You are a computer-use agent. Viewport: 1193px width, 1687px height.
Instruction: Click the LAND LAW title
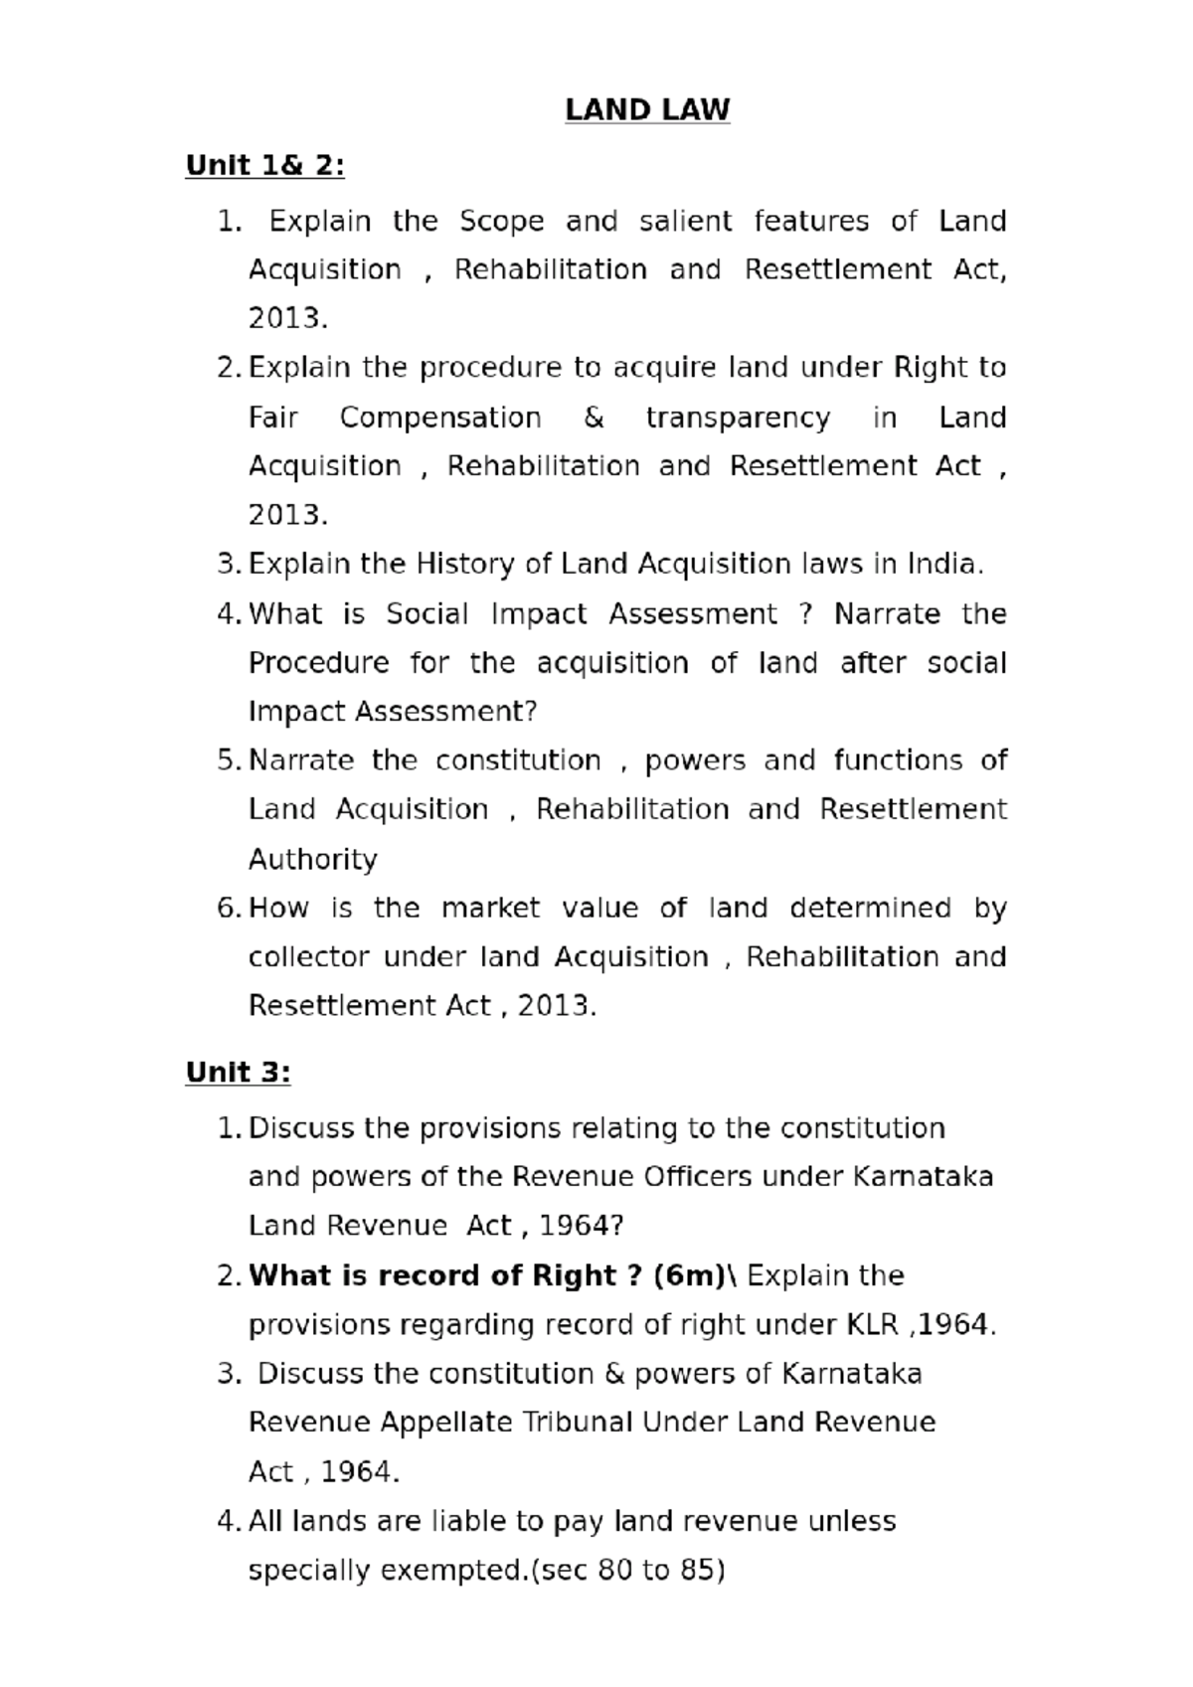click(x=647, y=109)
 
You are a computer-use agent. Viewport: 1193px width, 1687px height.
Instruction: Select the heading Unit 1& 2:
click(x=264, y=165)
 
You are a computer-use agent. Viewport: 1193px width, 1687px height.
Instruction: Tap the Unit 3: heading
click(x=238, y=1072)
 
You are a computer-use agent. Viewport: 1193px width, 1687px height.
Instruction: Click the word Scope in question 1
click(x=501, y=221)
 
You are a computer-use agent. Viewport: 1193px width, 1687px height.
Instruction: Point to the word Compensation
click(x=440, y=418)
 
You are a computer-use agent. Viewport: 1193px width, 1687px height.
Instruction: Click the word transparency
click(x=737, y=418)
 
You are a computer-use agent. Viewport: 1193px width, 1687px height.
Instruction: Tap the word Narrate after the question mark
click(x=887, y=614)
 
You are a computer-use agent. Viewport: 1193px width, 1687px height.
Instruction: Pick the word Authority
click(x=312, y=859)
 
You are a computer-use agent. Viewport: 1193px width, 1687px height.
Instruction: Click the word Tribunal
click(x=578, y=1423)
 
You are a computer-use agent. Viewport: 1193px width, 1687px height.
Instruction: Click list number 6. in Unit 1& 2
click(x=229, y=909)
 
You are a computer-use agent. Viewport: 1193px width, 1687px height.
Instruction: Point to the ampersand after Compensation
click(x=594, y=418)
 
